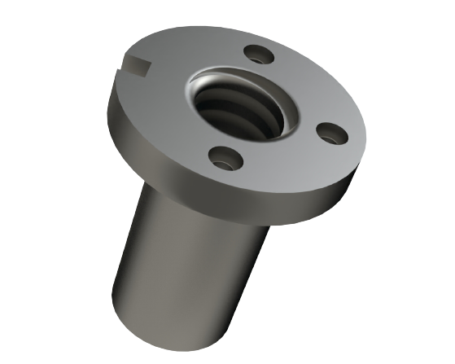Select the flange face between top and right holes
313,86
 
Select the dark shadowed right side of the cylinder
244,269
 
